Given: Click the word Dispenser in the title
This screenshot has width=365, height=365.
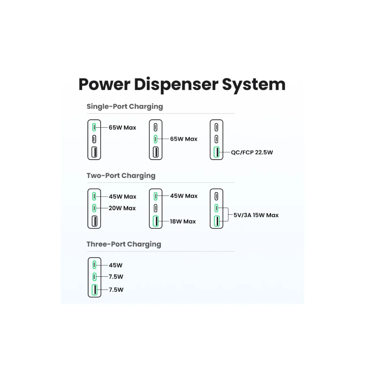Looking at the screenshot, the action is pos(176,85).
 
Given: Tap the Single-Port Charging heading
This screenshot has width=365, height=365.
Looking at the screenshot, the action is pos(125,107).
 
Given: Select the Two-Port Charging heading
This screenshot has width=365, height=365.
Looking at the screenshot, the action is pos(121,176).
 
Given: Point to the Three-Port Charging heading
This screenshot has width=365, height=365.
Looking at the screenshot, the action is pos(124,244).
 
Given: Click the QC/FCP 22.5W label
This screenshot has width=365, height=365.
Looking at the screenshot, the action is pos(252,152).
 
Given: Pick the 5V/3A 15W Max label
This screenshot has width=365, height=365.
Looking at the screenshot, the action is pos(256,215).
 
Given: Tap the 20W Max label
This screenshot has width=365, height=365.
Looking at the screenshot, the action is pos(122,208).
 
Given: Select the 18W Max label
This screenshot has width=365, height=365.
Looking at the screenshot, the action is pos(183,221).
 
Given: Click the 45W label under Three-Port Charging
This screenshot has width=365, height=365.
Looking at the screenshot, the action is pos(116,265).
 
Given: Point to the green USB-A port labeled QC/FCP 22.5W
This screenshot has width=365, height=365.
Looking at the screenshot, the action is pos(217,152).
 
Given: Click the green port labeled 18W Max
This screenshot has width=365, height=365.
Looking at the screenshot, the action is pos(156,221).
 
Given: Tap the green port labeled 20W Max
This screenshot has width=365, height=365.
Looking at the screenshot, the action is pos(94,208).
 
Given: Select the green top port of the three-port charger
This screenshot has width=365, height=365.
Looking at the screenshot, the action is pos(94,265).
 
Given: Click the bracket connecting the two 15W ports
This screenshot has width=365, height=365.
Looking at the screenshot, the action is pos(228,215).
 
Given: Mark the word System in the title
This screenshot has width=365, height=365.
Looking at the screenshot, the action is pos(254,85).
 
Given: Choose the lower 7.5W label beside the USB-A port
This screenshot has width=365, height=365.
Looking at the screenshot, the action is pos(116,290).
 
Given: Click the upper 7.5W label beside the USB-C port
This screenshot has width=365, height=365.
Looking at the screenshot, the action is pos(116,277).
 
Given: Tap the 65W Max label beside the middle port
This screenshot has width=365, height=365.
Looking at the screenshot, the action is pos(184,139).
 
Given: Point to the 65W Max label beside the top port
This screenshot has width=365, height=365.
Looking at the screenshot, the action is pos(122,127).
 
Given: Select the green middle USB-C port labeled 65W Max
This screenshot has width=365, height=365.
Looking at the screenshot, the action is pos(155,139).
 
